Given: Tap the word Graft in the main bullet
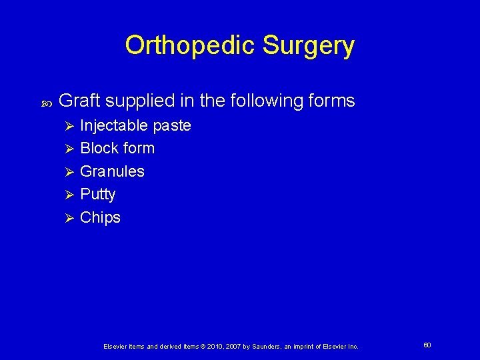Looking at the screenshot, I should click(x=79, y=101).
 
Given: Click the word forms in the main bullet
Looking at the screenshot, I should click(x=331, y=101).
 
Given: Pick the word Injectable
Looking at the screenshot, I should click(x=114, y=125).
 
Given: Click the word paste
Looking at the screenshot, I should click(x=172, y=126).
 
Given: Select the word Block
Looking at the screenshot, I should click(x=96, y=148).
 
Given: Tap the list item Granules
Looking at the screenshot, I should click(x=112, y=171).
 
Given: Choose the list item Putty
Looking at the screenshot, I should click(x=97, y=195).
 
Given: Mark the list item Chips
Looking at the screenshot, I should click(x=100, y=218).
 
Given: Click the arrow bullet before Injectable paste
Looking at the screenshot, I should click(x=67, y=126).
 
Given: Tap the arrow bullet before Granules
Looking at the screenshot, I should click(x=67, y=172).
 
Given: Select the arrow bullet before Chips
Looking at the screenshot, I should click(x=67, y=218).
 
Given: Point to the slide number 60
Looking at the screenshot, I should click(x=427, y=345).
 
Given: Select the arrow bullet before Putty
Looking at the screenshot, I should click(x=67, y=195).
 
